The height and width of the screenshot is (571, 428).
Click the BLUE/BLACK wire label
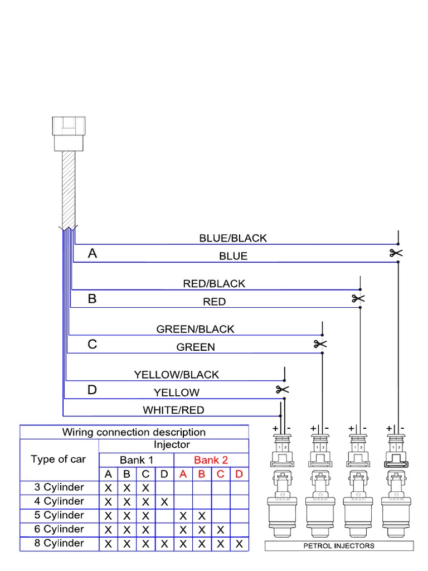pos(233,238)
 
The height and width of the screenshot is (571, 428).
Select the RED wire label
pos(214,302)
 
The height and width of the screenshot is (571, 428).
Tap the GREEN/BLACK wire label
pos(195,329)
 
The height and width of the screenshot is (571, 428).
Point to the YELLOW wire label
pos(176,393)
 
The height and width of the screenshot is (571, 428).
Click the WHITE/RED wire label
pos(173,410)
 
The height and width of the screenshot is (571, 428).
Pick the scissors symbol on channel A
pos(396,253)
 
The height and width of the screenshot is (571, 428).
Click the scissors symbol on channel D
pos(283,389)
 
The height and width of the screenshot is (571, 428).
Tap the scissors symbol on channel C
pos(320,343)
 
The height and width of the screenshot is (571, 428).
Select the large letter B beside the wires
pos(93,299)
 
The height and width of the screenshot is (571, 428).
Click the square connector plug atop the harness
pos(69,133)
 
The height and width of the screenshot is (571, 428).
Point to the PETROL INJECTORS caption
pos(339,546)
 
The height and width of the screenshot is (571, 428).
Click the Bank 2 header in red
pos(211,460)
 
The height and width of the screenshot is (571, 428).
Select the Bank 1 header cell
pos(137,460)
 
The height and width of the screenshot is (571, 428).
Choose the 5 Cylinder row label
pos(59,515)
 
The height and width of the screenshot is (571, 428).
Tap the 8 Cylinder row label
pos(59,543)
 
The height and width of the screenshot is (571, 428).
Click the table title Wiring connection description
pos(134,432)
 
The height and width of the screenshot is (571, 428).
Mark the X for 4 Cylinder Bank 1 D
pos(164,502)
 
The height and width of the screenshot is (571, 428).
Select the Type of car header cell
pos(59,459)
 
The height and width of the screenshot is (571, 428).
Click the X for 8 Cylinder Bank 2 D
pos(239,544)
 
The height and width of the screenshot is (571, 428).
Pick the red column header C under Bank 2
pos(220,474)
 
